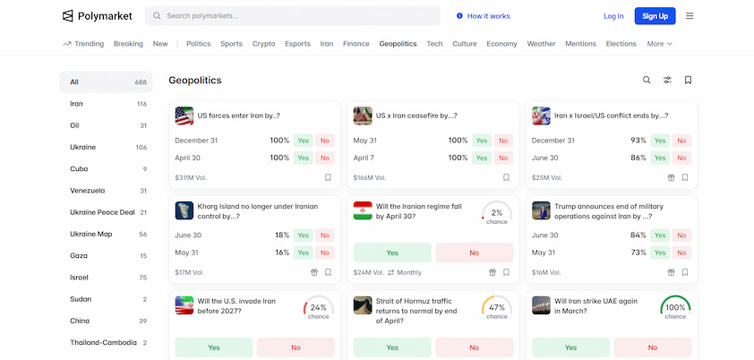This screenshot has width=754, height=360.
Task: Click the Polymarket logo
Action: click(x=96, y=16)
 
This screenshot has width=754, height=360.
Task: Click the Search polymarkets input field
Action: click(x=296, y=16)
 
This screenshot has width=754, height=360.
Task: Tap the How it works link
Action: click(x=483, y=16)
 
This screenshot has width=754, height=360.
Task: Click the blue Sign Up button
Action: click(x=655, y=16)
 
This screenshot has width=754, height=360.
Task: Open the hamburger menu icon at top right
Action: click(x=690, y=16)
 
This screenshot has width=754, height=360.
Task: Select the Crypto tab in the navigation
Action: click(x=263, y=43)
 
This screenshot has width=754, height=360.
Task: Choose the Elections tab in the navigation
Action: click(x=621, y=43)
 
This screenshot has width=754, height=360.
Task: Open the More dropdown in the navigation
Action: click(x=659, y=43)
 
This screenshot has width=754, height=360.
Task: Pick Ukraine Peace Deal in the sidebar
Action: click(x=102, y=212)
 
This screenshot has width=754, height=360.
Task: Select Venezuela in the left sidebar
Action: click(x=88, y=191)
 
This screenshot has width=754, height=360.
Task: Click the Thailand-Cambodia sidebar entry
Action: click(x=103, y=343)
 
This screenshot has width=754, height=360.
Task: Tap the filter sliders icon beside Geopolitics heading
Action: click(x=667, y=80)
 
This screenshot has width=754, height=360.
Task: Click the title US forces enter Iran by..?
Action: click(x=238, y=116)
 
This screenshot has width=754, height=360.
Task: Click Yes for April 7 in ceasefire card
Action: click(x=482, y=158)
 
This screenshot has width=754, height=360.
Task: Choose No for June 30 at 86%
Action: click(x=682, y=158)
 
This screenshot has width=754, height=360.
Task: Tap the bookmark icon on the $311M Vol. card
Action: click(x=329, y=177)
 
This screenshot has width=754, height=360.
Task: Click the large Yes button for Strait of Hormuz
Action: click(x=392, y=347)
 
